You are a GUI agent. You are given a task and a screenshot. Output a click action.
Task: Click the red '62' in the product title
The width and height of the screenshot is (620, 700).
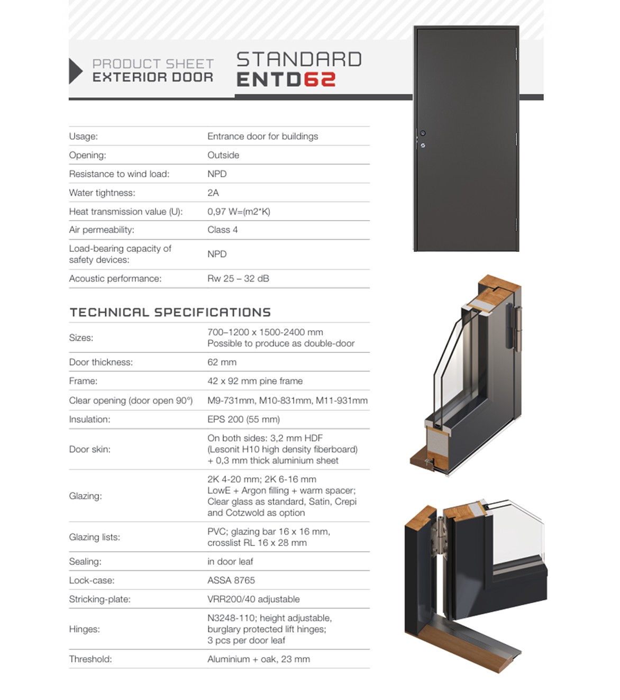[x=319, y=79]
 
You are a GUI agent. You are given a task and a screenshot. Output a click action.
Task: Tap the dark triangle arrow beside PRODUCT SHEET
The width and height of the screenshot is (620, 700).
[x=76, y=71]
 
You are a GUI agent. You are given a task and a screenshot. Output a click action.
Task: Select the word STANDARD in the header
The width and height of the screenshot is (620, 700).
[x=299, y=59]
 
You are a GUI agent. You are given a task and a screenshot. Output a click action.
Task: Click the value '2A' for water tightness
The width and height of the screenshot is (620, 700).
[x=213, y=193]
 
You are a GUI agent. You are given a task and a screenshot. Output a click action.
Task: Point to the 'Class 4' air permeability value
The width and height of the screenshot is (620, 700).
[x=222, y=230]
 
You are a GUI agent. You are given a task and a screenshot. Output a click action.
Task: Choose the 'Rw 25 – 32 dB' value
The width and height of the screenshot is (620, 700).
[x=238, y=278]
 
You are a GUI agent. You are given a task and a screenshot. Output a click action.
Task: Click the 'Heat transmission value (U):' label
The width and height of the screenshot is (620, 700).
[x=125, y=212]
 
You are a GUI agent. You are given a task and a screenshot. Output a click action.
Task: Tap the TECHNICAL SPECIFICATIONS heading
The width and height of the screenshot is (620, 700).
[x=170, y=312]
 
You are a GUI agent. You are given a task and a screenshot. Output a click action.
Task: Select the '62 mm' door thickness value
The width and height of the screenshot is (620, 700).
[x=222, y=362]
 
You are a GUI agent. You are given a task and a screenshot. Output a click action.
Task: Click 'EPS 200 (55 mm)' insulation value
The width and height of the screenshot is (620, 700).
[x=243, y=419]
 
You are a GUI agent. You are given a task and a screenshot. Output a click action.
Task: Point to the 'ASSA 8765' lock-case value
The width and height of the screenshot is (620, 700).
[x=231, y=580]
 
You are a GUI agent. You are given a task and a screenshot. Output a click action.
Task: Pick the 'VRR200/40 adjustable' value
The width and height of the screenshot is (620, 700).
[x=253, y=599]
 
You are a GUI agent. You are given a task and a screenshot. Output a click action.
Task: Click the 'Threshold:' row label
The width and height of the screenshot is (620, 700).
[x=90, y=659]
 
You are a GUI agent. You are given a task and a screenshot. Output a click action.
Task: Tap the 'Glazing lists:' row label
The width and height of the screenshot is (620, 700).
[x=94, y=537]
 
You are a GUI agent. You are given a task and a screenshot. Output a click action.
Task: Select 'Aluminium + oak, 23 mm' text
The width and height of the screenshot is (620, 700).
[x=258, y=659]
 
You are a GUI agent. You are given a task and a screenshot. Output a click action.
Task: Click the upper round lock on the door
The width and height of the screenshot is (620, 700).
[x=423, y=133]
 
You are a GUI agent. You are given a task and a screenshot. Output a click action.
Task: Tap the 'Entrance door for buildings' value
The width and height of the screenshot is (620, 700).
[x=262, y=137]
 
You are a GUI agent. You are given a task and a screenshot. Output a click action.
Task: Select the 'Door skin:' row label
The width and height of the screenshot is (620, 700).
[x=89, y=449]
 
